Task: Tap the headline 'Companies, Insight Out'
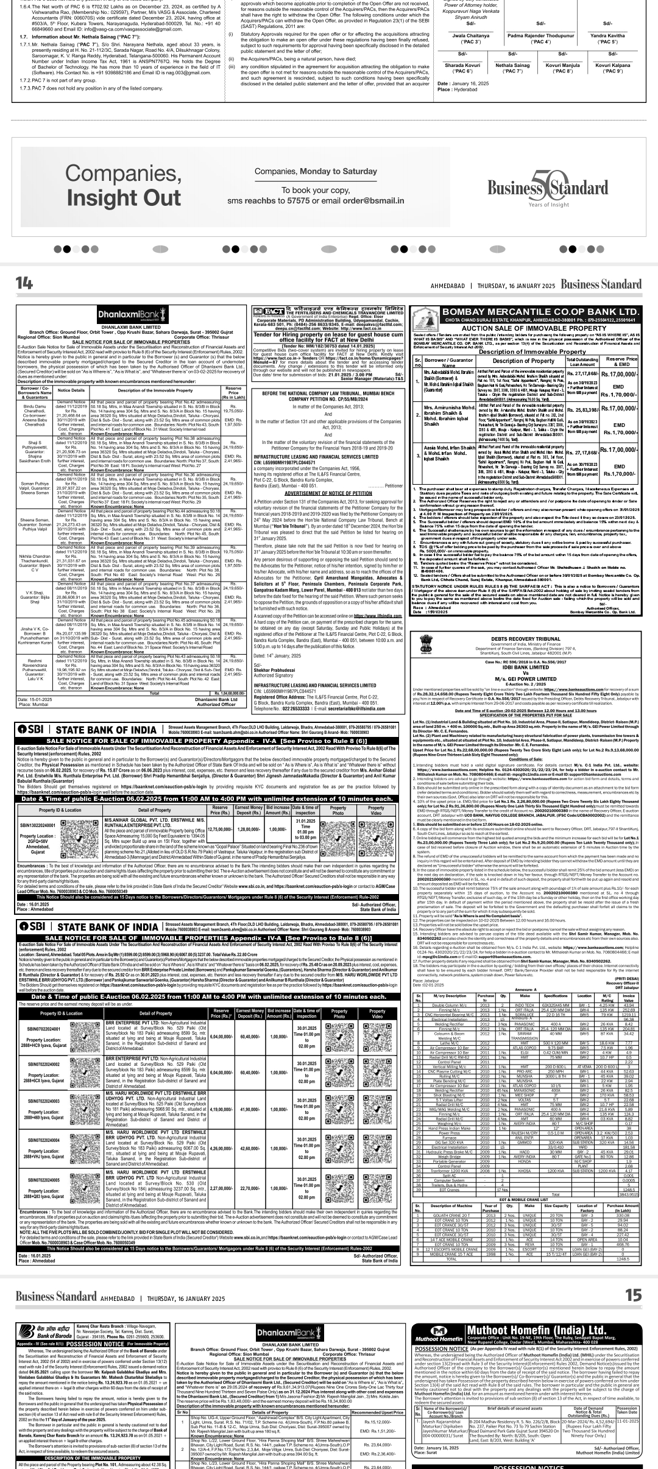[124, 186]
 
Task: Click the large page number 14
[24, 283]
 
